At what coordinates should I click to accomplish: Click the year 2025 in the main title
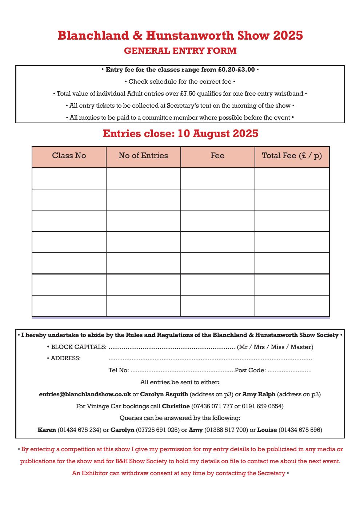click(x=288, y=36)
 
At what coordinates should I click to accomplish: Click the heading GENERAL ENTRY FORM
click(x=180, y=51)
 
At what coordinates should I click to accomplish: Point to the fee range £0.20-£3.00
click(x=236, y=69)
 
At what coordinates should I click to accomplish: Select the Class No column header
click(x=69, y=156)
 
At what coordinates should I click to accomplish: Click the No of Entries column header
click(x=143, y=156)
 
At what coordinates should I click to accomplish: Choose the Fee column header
click(x=217, y=156)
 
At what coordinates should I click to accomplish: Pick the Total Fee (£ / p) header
click(x=292, y=156)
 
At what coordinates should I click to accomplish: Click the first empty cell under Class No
click(x=69, y=179)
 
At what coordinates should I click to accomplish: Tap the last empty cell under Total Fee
click(x=292, y=306)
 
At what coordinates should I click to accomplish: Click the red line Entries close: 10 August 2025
click(x=180, y=134)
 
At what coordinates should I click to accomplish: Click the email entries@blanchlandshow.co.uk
click(x=85, y=394)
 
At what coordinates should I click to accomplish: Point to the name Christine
click(x=176, y=406)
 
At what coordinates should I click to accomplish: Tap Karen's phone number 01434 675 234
click(x=79, y=430)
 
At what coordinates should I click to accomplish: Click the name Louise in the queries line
click(x=267, y=430)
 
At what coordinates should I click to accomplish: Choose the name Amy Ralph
click(x=259, y=394)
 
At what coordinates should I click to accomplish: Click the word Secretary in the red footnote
click(x=271, y=473)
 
